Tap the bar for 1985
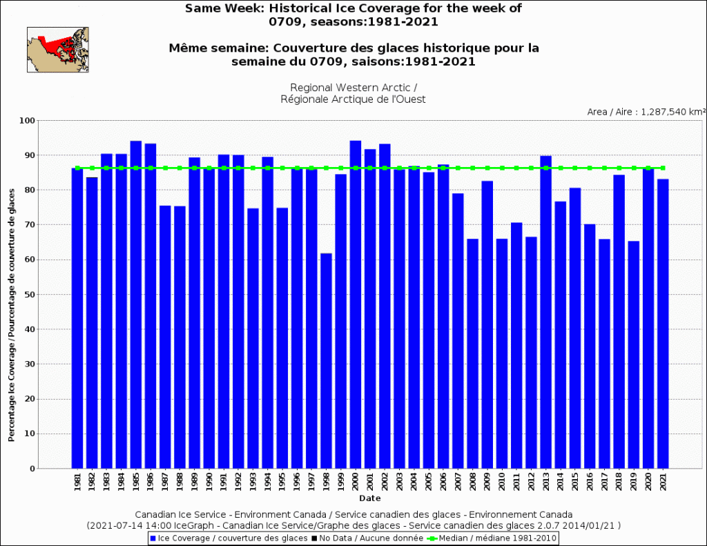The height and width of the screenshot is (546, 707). [x=136, y=304]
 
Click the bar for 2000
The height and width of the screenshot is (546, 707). [x=356, y=304]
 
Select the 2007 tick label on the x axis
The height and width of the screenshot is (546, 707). [x=458, y=481]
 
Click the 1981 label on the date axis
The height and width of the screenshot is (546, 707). [x=77, y=481]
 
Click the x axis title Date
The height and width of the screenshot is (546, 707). [x=369, y=498]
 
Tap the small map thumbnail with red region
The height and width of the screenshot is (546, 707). [x=57, y=49]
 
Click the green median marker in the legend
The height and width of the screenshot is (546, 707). [x=432, y=538]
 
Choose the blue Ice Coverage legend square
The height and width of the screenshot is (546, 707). [x=153, y=538]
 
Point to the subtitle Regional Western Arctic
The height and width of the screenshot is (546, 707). [x=353, y=88]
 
